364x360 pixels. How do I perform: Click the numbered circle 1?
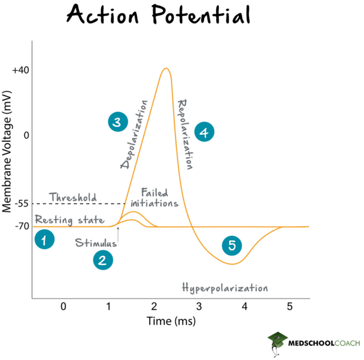pyautogui.click(x=45, y=240)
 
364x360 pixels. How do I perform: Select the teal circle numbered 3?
pyautogui.click(x=117, y=122)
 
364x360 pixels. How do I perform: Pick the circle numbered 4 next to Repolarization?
pyautogui.click(x=204, y=133)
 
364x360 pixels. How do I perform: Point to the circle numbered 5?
pyautogui.click(x=232, y=246)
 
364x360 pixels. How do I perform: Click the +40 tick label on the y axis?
pyautogui.click(x=20, y=70)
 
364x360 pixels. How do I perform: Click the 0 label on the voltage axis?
pyautogui.click(x=25, y=135)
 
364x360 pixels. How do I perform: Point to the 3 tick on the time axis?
pyautogui.click(x=199, y=306)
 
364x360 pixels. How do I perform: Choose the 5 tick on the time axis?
pyautogui.click(x=289, y=306)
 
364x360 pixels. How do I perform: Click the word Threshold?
pyautogui.click(x=73, y=198)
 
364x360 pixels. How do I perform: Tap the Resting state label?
pyautogui.click(x=69, y=220)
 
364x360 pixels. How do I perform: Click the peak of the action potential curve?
pyautogui.click(x=166, y=69)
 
